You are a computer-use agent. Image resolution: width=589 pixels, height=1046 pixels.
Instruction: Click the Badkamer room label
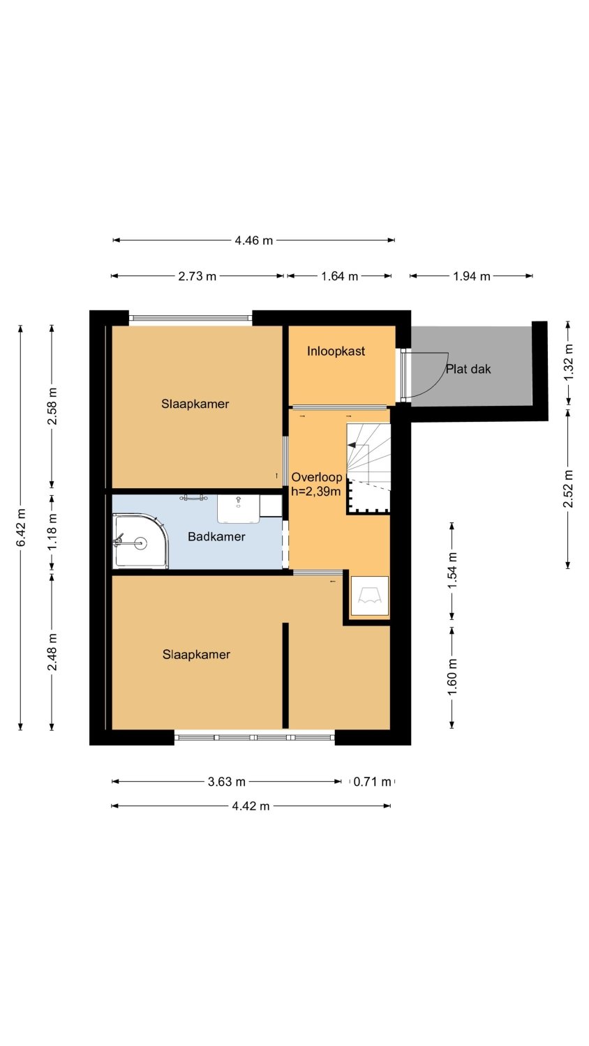216,536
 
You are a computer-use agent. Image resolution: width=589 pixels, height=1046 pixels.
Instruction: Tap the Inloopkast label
336,351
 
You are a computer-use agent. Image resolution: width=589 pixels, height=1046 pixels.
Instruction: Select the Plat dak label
468,370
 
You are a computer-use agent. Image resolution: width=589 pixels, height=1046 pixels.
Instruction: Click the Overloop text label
317,477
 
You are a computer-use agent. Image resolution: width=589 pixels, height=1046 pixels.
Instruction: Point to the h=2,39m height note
315,491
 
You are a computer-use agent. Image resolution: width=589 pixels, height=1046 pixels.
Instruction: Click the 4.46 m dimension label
253,241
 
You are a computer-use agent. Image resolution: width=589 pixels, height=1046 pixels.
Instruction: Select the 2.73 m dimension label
197,276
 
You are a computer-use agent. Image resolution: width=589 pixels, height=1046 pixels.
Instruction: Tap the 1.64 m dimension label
339,276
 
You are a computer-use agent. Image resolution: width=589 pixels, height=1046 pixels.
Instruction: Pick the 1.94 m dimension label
472,276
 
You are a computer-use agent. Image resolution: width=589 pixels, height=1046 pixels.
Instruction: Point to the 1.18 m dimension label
52,531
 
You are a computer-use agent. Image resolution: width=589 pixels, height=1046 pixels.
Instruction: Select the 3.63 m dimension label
227,782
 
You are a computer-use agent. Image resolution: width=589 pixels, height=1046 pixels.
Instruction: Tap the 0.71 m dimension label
372,782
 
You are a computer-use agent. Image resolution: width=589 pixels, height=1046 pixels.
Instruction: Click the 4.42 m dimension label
251,806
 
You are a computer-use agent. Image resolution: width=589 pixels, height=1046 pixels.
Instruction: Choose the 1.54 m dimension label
452,570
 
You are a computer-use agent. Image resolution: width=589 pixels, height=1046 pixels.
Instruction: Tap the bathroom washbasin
239,509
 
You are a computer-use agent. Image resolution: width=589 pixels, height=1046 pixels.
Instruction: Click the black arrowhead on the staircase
352,445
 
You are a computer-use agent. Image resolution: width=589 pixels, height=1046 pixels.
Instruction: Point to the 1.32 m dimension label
569,363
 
